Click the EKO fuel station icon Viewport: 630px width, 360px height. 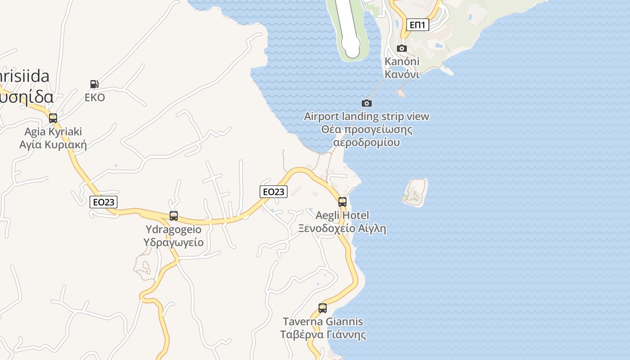point(94,84)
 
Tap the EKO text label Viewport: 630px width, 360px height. point(94,98)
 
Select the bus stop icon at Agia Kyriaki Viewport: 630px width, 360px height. point(53,118)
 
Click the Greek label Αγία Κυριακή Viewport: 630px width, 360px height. point(53,145)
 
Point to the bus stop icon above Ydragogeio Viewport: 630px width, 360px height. point(174,216)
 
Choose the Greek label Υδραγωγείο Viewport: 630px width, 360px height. point(173,243)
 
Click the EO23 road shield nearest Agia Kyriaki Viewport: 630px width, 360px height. point(103,202)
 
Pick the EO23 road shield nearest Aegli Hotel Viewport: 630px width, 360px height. point(274,192)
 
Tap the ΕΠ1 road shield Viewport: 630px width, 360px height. point(418,25)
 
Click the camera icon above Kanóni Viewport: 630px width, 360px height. point(402,48)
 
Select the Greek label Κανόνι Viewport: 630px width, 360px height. point(402,74)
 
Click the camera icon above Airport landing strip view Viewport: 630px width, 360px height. point(367,103)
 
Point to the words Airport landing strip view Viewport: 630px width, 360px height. point(367,117)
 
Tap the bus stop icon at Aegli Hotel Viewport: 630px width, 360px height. point(342,202)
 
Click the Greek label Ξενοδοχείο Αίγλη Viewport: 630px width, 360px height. point(342,229)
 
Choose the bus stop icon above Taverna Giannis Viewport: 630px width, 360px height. point(323,308)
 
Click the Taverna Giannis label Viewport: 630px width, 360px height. point(323,322)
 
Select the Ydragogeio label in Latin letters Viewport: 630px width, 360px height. point(173,229)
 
